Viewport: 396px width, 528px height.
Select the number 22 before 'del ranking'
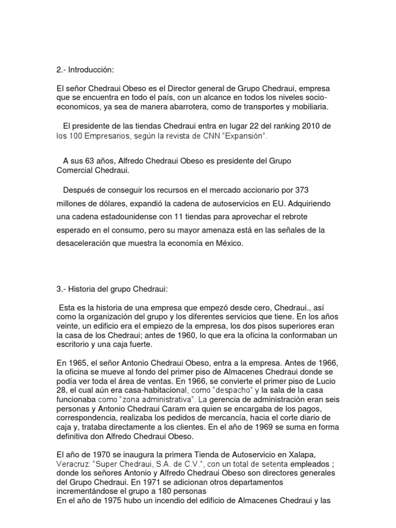click(256, 126)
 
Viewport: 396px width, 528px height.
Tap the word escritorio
click(74, 344)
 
